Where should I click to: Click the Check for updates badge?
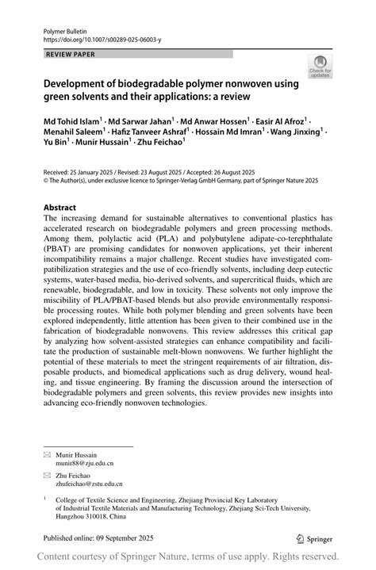(x=320, y=67)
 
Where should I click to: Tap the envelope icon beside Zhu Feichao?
(x=48, y=474)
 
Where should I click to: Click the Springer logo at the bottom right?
(x=313, y=537)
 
